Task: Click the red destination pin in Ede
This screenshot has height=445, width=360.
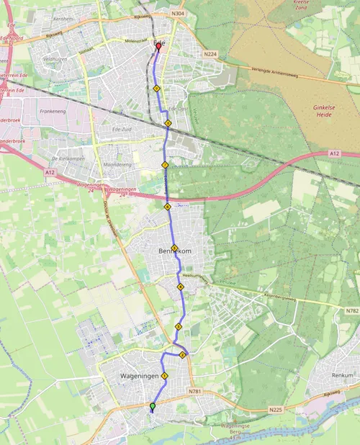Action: tap(158, 48)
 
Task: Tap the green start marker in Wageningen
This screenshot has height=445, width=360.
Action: tap(152, 407)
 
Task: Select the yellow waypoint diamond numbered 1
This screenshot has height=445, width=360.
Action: tap(165, 376)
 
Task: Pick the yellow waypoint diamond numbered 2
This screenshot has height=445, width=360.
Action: tap(183, 354)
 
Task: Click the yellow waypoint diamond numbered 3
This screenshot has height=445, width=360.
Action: tap(178, 327)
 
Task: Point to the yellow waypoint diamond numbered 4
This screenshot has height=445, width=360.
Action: tap(181, 287)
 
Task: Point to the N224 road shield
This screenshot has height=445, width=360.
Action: tap(210, 54)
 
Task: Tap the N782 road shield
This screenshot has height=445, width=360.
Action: tap(350, 310)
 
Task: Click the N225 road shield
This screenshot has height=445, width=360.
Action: tap(276, 410)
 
